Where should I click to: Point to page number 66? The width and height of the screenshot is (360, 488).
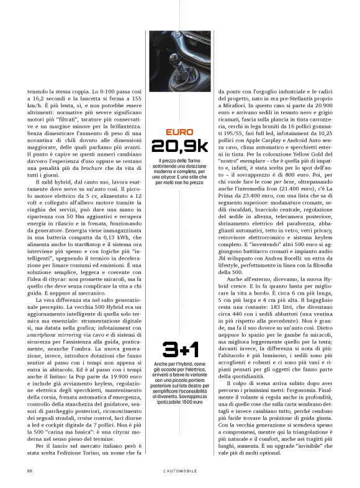[x=30, y=470]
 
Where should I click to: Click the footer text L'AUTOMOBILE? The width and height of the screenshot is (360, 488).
[x=180, y=470]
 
